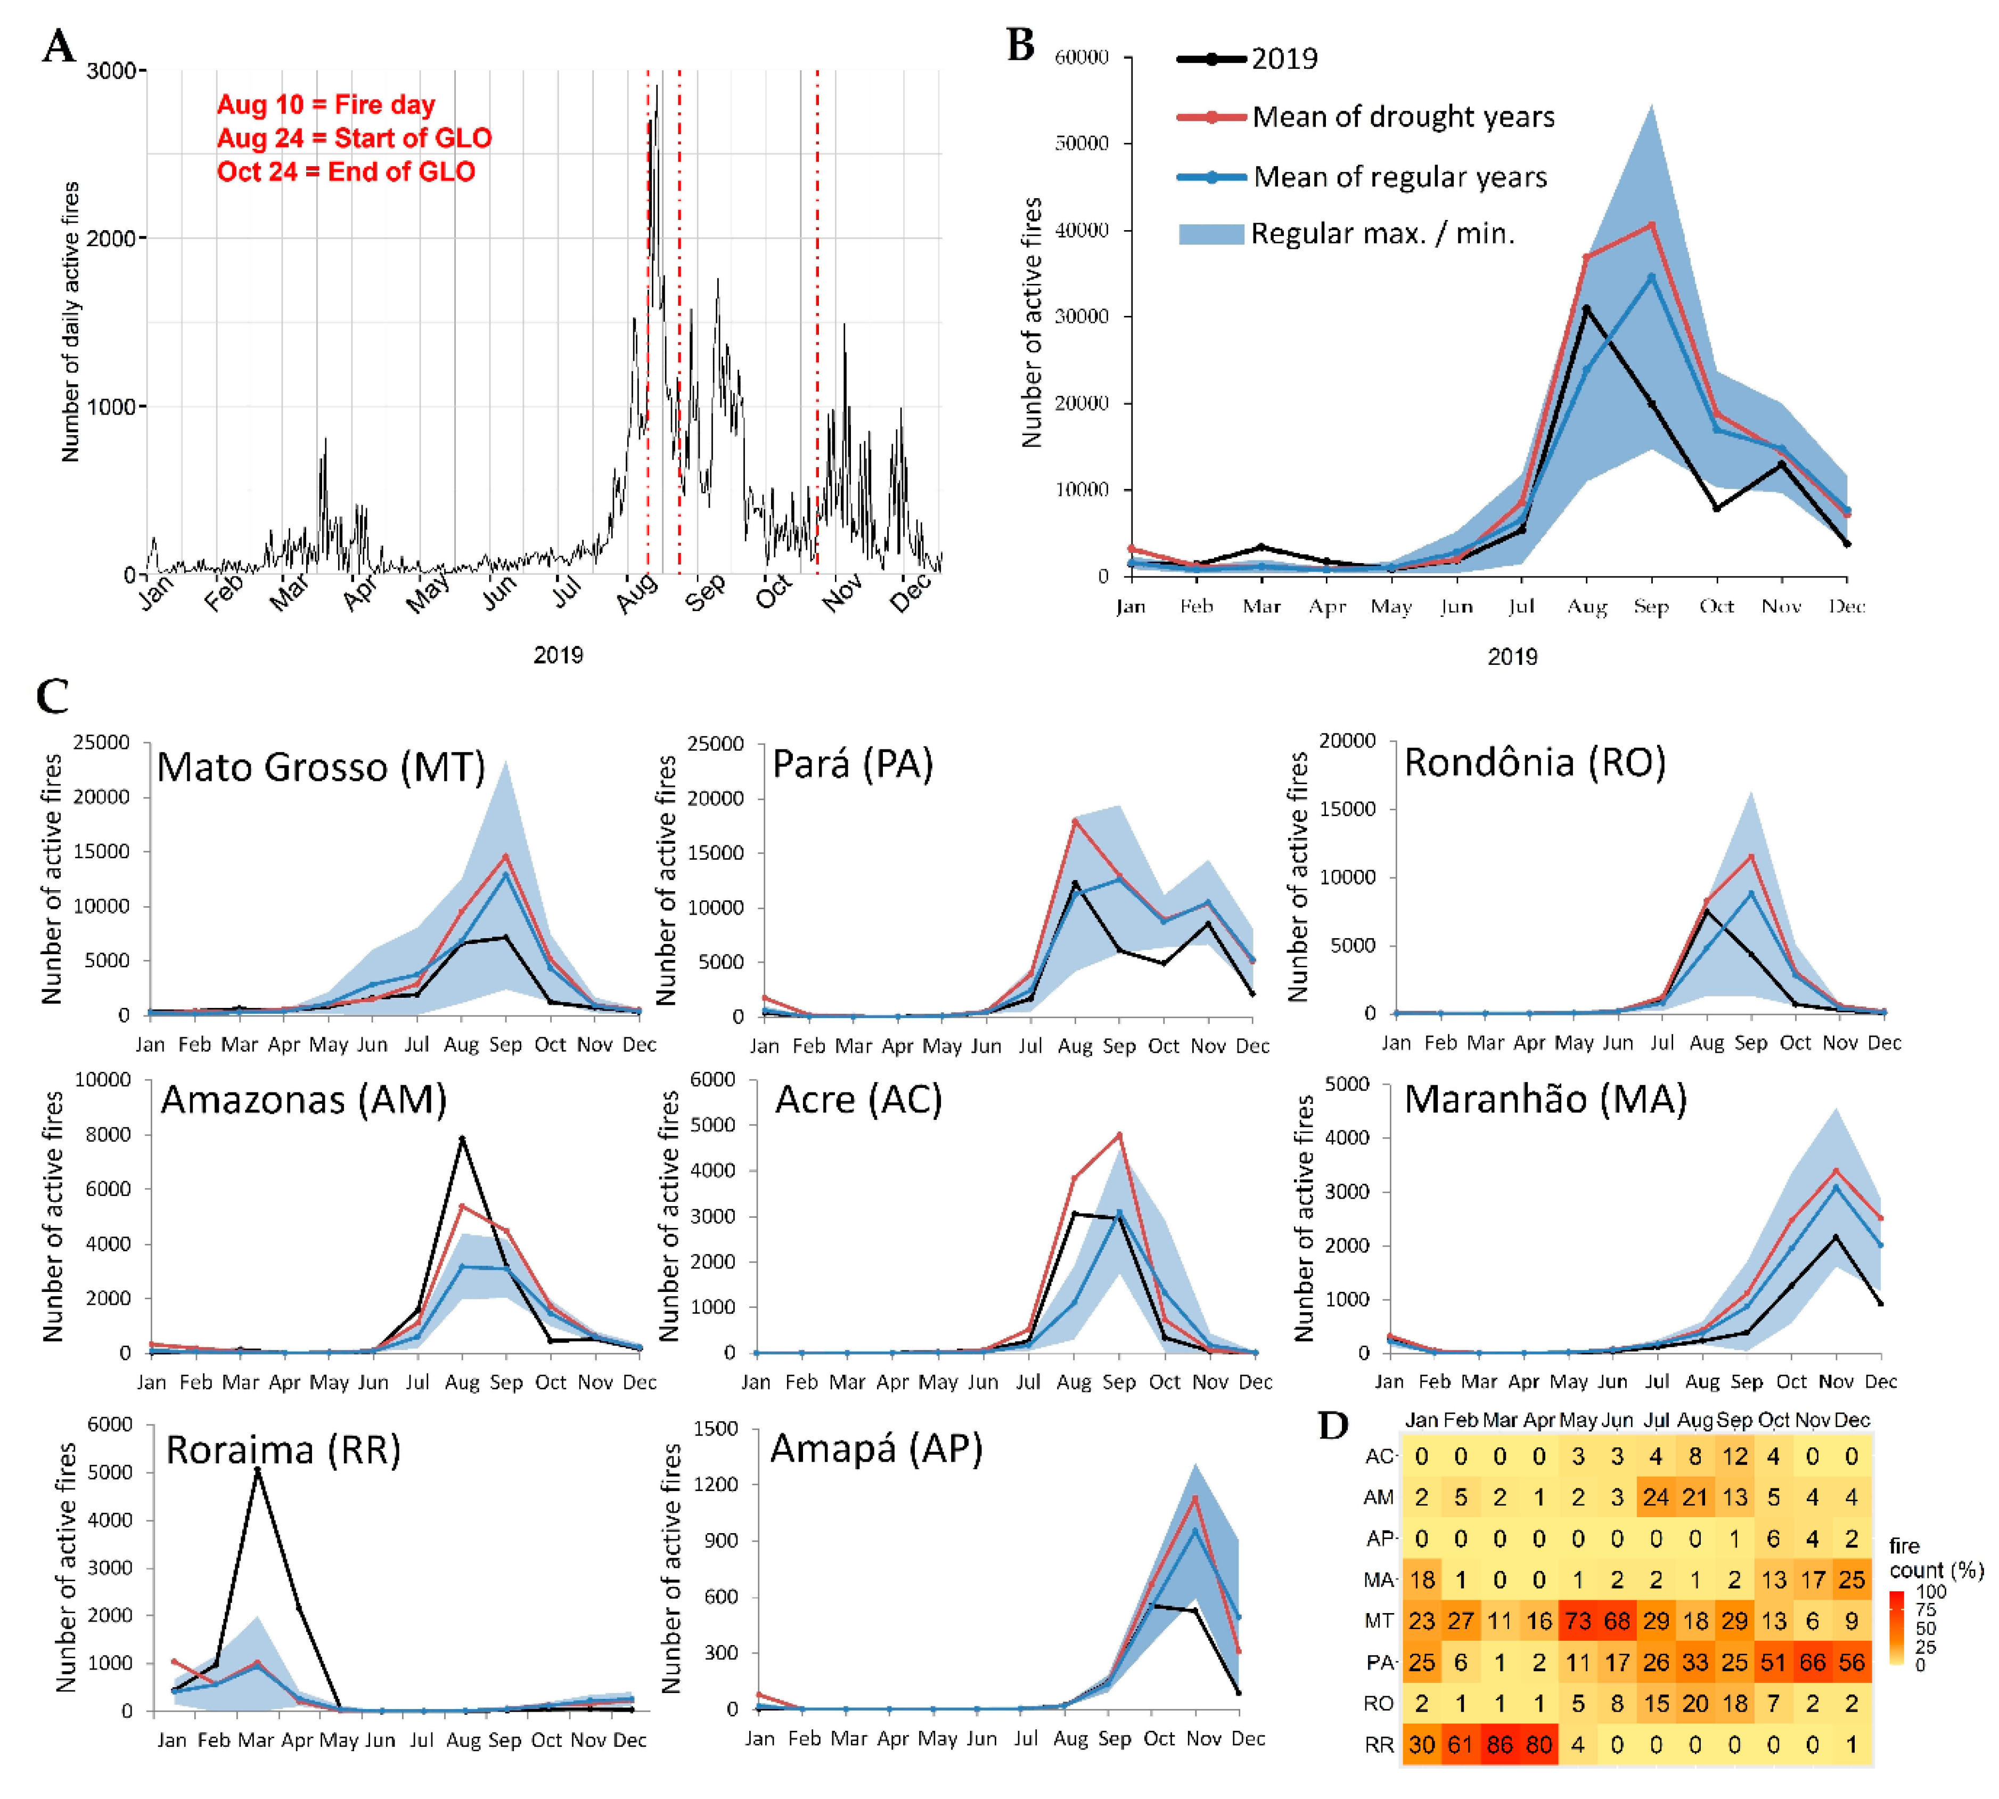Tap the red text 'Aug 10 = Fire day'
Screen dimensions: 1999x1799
(x=326, y=105)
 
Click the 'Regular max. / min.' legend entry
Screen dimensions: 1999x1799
(x=1347, y=233)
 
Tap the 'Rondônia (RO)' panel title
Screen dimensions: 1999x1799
(x=1535, y=762)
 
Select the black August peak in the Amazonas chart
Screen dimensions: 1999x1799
(x=462, y=1139)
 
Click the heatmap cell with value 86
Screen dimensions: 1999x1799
(x=1499, y=1745)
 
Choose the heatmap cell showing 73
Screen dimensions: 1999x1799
(x=1578, y=1621)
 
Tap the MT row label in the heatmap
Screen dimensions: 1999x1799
(x=1379, y=1621)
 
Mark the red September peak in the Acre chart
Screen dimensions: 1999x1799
(x=1119, y=1135)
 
